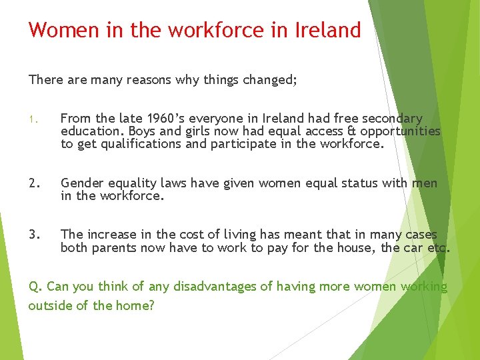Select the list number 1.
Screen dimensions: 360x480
point(31,120)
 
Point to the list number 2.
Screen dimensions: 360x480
point(33,183)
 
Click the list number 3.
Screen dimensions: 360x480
point(33,235)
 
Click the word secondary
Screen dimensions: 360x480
point(390,119)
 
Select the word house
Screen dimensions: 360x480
point(360,248)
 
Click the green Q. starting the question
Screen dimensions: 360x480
point(35,287)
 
